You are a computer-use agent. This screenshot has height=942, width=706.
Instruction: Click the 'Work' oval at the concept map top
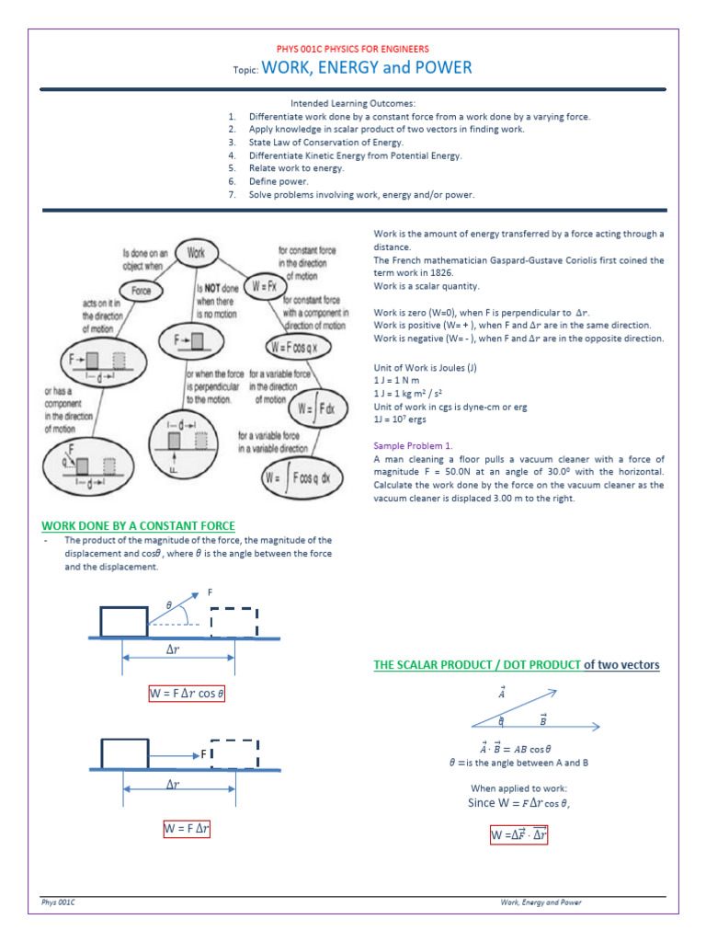point(196,250)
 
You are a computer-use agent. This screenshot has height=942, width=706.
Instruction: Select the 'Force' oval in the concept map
point(141,292)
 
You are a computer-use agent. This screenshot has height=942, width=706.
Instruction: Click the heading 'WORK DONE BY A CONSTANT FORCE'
point(138,525)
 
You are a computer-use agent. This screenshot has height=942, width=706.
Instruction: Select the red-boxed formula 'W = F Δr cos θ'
point(187,693)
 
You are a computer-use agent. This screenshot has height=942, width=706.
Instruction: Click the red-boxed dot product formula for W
point(519,835)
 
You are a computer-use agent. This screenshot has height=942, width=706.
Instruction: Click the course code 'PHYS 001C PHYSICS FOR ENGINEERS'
point(353,49)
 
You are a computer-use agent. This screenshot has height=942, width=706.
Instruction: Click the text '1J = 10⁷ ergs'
point(399,419)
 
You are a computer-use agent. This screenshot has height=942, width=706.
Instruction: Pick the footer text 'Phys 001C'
point(58,902)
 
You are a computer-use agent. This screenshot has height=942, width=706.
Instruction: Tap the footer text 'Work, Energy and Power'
point(541,902)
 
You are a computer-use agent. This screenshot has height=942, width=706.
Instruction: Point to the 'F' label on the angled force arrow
point(211,592)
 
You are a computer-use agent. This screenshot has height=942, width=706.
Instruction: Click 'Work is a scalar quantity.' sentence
point(427,286)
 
